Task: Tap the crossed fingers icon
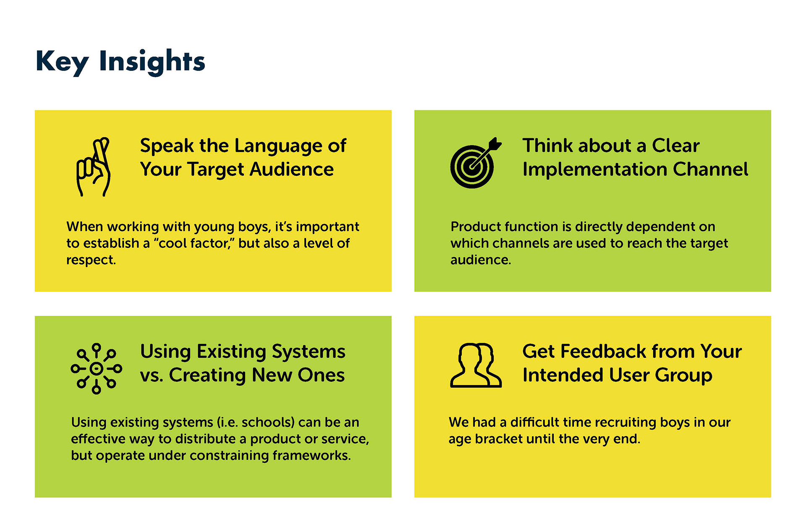(93, 167)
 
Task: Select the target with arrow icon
(476, 163)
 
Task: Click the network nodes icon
(97, 369)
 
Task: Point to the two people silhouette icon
(476, 365)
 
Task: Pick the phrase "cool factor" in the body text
(196, 243)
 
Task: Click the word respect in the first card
(91, 260)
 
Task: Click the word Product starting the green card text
(476, 227)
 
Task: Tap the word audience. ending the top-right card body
(481, 260)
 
